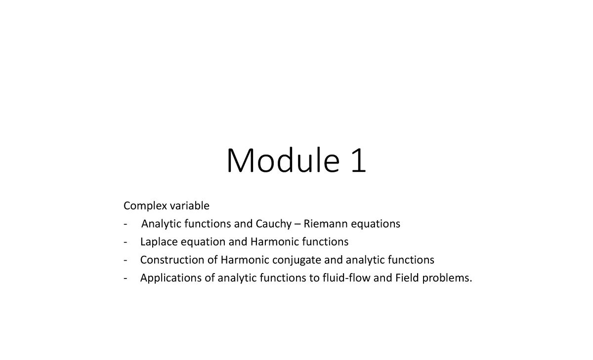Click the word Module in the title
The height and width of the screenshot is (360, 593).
coord(283,160)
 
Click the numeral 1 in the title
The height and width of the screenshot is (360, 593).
coord(359,160)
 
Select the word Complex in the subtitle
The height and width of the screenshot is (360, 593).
coord(145,206)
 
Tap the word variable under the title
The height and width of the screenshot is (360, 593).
coord(190,205)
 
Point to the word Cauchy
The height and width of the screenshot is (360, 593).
coord(274,224)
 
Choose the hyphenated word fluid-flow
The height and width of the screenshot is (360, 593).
coord(346,278)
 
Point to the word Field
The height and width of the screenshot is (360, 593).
coord(407,278)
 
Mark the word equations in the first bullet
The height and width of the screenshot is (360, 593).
coord(376,224)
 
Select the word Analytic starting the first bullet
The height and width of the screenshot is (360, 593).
coord(162,224)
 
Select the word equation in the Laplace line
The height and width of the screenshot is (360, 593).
coord(203,242)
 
